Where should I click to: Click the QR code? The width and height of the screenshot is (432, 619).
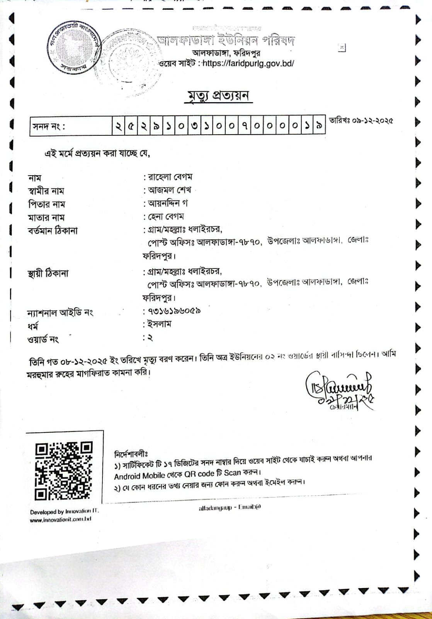[64, 470]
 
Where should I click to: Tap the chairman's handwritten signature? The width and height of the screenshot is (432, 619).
[338, 389]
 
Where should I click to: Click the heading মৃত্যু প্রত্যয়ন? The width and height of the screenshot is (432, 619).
[218, 96]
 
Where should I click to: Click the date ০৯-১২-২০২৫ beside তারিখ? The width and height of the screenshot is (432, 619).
[372, 120]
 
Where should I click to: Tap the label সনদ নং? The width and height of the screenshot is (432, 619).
[49, 127]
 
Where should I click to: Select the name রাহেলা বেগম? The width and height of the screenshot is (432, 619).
[170, 177]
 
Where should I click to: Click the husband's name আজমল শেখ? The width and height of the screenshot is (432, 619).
[170, 190]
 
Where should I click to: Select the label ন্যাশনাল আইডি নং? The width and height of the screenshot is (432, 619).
[60, 313]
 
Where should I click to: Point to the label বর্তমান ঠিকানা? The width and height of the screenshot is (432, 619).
[53, 231]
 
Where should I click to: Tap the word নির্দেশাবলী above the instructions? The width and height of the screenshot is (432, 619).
[131, 454]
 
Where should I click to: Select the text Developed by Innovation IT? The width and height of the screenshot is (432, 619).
[64, 511]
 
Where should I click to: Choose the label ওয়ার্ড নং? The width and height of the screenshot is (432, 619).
[43, 339]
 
